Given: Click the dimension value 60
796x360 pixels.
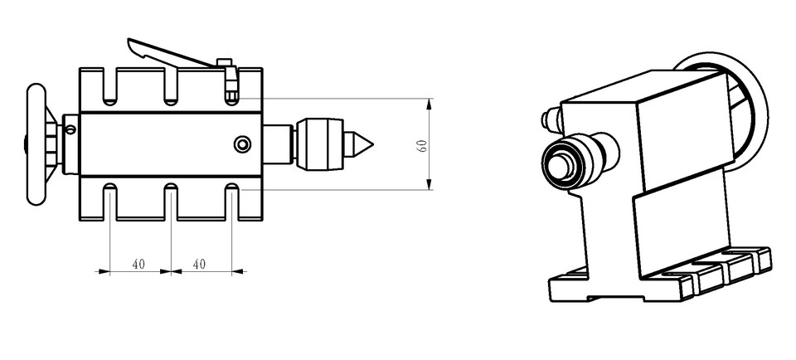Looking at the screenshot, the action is [x=422, y=145].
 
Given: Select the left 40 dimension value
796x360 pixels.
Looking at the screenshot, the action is [x=138, y=264].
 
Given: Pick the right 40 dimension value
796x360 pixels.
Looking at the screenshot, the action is [x=199, y=264].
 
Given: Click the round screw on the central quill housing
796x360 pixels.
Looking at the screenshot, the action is [x=242, y=144].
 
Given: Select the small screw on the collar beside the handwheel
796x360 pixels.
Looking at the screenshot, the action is [x=70, y=129].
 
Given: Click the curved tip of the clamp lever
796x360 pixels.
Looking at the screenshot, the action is [x=135, y=46].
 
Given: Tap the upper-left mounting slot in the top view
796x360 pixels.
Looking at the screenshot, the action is [x=109, y=86].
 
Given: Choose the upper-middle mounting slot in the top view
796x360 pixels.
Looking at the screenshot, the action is [x=171, y=86].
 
